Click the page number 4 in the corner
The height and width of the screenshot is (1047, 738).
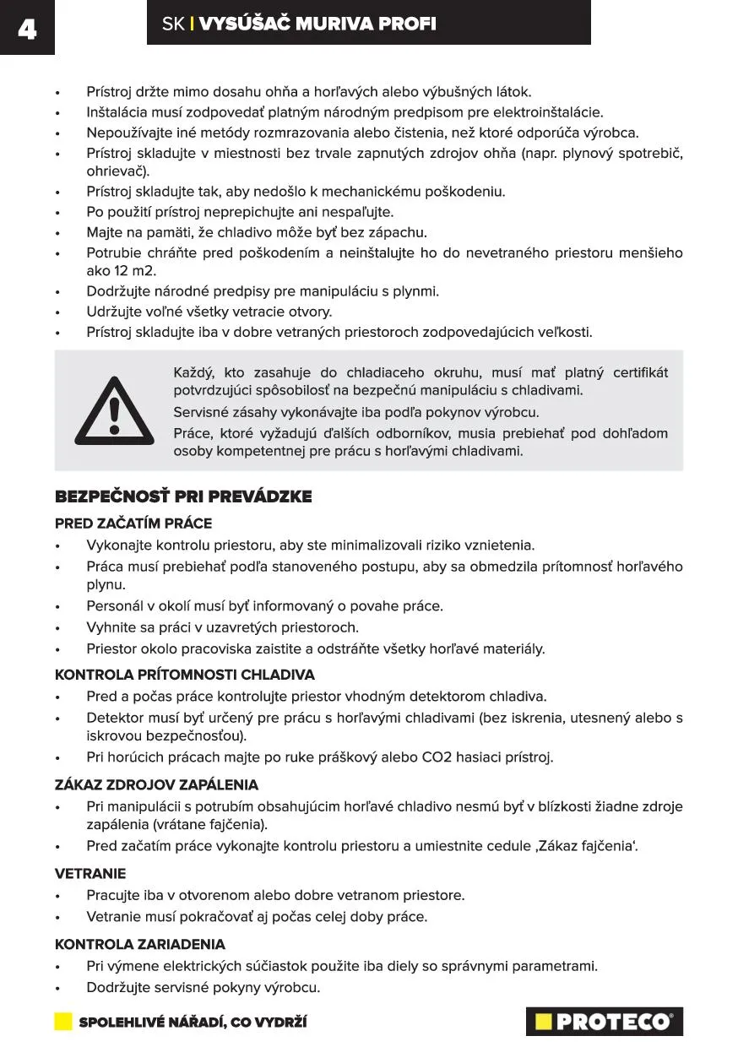pos(26,30)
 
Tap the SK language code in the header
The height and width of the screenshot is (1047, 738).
pos(172,24)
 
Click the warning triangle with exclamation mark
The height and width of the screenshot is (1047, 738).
pos(114,411)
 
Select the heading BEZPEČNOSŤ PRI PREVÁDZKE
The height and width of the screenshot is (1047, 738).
pos(183,496)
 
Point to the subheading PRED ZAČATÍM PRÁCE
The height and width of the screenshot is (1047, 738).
pos(133,523)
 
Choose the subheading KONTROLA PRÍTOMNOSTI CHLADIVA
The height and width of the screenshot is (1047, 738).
pos(185,675)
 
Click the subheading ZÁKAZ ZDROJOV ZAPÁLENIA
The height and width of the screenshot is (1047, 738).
pos(156,784)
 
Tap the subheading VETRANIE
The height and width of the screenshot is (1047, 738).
pos(90,873)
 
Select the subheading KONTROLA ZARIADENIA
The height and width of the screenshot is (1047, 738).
pos(140,944)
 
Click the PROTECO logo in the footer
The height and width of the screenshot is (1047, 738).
pos(604,1022)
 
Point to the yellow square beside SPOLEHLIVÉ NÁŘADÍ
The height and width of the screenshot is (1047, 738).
pos(63,1022)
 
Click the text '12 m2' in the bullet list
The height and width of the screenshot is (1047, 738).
pos(133,271)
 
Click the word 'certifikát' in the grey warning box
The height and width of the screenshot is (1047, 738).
pos(640,372)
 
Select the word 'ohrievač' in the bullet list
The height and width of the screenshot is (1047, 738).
pos(116,171)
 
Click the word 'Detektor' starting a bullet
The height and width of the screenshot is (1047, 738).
pos(116,718)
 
